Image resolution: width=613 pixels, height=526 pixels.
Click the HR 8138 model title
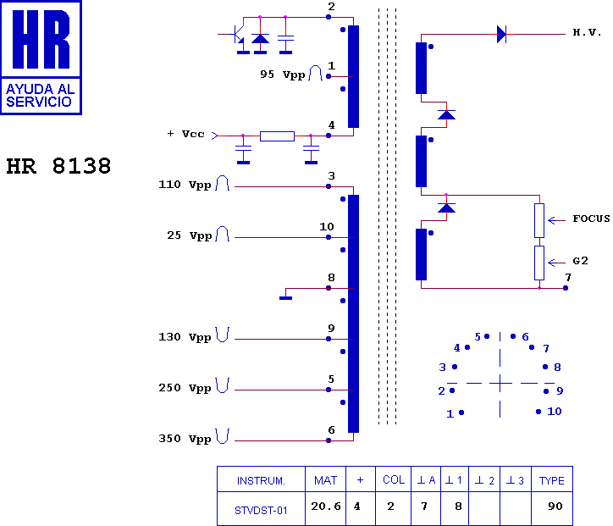(x=58, y=166)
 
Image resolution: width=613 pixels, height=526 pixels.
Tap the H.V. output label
(x=587, y=32)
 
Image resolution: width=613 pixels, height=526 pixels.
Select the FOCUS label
(x=591, y=219)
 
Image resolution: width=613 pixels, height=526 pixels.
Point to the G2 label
(x=580, y=260)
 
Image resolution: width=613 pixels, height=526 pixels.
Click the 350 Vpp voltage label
(x=185, y=439)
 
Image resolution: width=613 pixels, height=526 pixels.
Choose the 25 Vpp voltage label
(x=189, y=235)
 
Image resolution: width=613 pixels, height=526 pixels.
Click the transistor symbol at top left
(x=236, y=35)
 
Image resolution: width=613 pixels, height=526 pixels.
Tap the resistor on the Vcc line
(x=277, y=136)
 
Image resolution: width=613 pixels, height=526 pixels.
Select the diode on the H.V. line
(x=501, y=35)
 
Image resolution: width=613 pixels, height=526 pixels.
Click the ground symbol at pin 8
(x=285, y=298)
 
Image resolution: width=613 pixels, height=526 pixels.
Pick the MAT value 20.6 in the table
(x=326, y=506)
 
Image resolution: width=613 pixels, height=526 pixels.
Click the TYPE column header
(x=552, y=480)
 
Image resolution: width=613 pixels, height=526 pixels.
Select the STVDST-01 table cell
(x=261, y=511)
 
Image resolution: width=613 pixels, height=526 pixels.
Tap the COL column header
(x=394, y=480)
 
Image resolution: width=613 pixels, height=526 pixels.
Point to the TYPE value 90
(x=555, y=506)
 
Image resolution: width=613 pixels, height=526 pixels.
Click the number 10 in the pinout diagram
(x=554, y=411)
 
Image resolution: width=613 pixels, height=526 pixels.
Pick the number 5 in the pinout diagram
(x=478, y=337)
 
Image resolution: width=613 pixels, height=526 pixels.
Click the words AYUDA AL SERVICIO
(x=40, y=96)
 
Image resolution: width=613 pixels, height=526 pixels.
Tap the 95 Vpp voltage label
(x=282, y=75)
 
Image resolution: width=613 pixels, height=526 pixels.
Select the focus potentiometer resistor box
(x=539, y=220)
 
